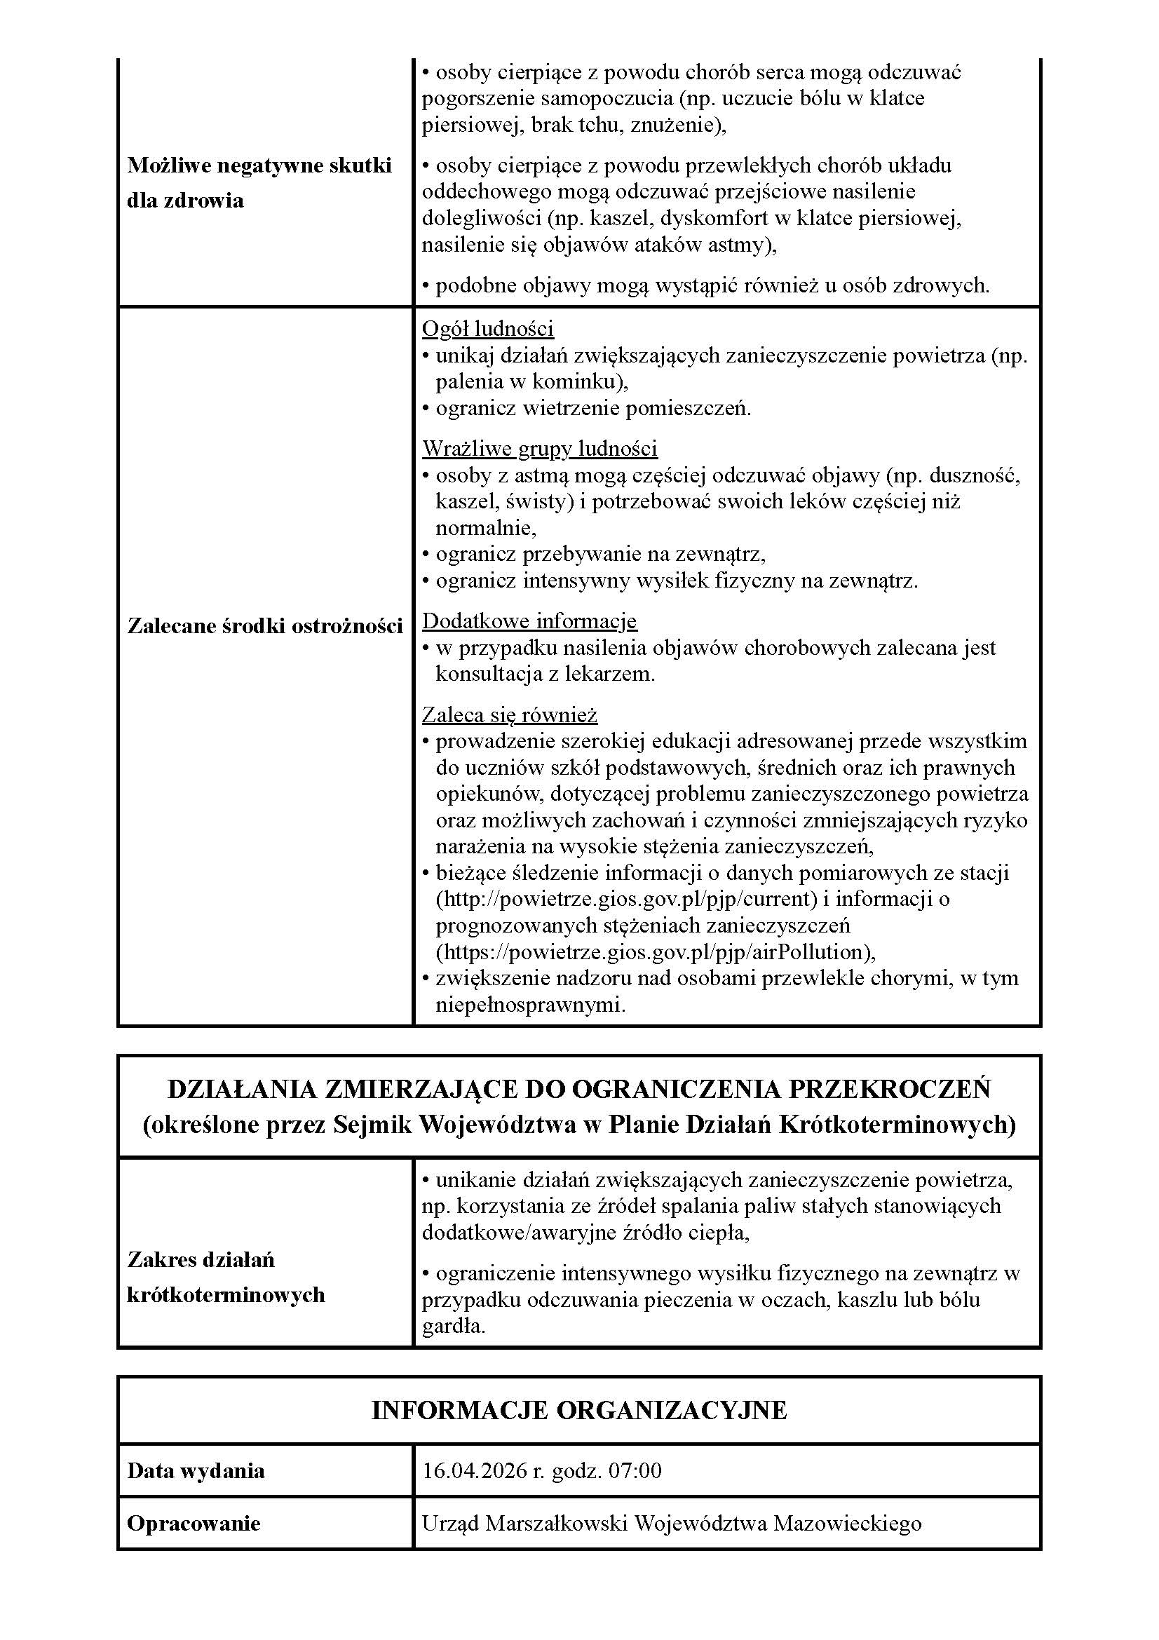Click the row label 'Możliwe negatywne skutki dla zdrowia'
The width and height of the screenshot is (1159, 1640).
pos(259,183)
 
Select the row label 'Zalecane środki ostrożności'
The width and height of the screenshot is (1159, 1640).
pos(265,625)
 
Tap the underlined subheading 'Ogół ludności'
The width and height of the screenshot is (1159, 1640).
pos(488,329)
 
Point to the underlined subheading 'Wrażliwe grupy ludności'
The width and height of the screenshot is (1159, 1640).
pos(539,449)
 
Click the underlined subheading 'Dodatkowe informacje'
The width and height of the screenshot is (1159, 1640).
pos(529,621)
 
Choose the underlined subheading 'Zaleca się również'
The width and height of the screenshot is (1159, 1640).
pos(510,715)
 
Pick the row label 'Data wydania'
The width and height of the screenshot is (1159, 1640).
pos(196,1471)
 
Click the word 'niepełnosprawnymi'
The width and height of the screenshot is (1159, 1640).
pos(529,1005)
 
